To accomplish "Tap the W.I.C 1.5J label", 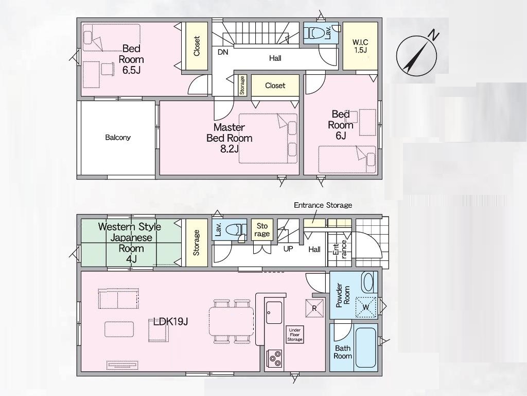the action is pyautogui.click(x=360, y=46).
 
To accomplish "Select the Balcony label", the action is pyautogui.click(x=118, y=137).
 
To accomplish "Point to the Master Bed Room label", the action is pyautogui.click(x=229, y=138).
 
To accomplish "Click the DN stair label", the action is pyautogui.click(x=223, y=52).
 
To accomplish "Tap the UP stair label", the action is pyautogui.click(x=288, y=249).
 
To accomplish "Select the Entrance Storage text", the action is pyautogui.click(x=323, y=205).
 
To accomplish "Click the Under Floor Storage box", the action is pyautogui.click(x=295, y=335).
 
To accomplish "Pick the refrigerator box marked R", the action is pyautogui.click(x=314, y=308).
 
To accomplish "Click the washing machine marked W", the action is pyautogui.click(x=366, y=307).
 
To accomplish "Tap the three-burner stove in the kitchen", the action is pyautogui.click(x=275, y=359).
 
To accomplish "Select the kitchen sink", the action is pyautogui.click(x=274, y=312).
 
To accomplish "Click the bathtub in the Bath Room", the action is pyautogui.click(x=365, y=348).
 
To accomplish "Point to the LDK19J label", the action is pyautogui.click(x=170, y=322).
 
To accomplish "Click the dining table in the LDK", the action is pyautogui.click(x=232, y=321).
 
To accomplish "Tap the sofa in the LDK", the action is pyautogui.click(x=118, y=299).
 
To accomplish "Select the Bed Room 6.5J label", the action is pyautogui.click(x=131, y=59).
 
